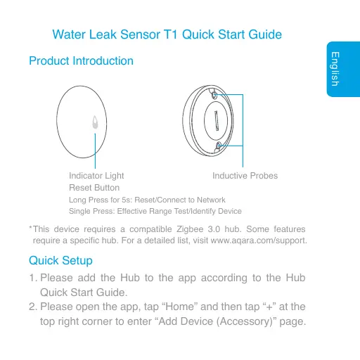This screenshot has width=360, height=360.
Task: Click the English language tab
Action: [343, 69]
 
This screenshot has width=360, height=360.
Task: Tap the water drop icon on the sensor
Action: [95, 122]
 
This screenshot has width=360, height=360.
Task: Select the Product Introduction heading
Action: [81, 61]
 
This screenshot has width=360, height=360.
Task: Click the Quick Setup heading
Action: [60, 261]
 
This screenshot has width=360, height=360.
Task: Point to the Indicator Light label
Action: [96, 176]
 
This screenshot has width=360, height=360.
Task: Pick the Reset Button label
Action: [94, 188]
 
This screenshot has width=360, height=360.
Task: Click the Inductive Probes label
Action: [245, 176]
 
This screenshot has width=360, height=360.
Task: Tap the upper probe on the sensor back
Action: [214, 95]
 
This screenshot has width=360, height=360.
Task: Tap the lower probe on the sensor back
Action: [219, 146]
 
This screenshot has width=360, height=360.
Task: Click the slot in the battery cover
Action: [217, 121]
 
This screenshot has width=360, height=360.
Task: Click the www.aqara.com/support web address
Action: [259, 240]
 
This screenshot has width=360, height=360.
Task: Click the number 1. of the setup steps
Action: [33, 278]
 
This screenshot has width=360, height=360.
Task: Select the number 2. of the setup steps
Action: [33, 307]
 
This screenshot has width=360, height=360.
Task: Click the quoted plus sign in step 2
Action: [269, 307]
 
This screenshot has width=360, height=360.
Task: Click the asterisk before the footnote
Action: [30, 227]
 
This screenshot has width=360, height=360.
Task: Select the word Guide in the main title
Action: [265, 34]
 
